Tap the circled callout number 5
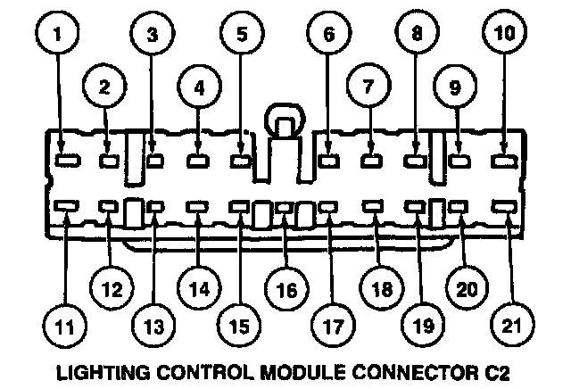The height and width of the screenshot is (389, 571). click(x=242, y=37)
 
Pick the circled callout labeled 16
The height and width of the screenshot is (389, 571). click(x=285, y=291)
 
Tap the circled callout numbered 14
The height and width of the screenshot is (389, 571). click(x=197, y=291)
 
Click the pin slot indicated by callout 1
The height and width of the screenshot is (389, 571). click(x=64, y=161)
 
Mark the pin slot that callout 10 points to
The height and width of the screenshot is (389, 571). click(x=505, y=161)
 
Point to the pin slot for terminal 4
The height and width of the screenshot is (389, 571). click(x=197, y=161)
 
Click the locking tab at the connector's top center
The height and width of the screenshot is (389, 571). click(x=283, y=120)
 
